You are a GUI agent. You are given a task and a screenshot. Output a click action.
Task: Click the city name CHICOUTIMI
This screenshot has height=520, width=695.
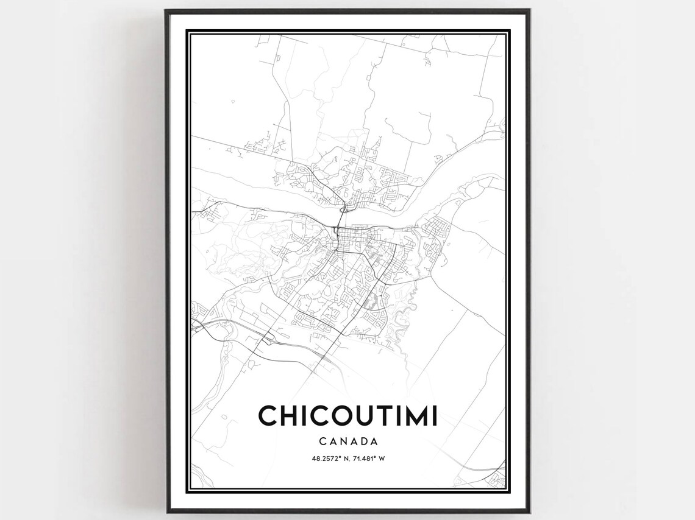347,416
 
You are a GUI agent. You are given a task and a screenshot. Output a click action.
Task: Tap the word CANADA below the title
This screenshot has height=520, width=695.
347,441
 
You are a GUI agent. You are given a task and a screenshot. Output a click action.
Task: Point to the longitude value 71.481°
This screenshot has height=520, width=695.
365,458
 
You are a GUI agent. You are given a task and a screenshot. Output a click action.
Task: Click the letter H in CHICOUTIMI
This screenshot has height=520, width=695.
290,416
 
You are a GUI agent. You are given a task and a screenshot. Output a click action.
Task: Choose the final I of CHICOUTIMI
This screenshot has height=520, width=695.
433,416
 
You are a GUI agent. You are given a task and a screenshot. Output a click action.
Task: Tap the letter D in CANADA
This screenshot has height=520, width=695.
363,441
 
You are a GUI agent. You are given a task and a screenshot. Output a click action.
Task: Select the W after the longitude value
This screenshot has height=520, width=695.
382,458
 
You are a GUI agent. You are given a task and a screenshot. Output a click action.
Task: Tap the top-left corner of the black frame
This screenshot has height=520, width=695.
166,10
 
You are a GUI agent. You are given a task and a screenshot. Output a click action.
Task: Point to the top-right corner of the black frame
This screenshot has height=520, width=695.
529,10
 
